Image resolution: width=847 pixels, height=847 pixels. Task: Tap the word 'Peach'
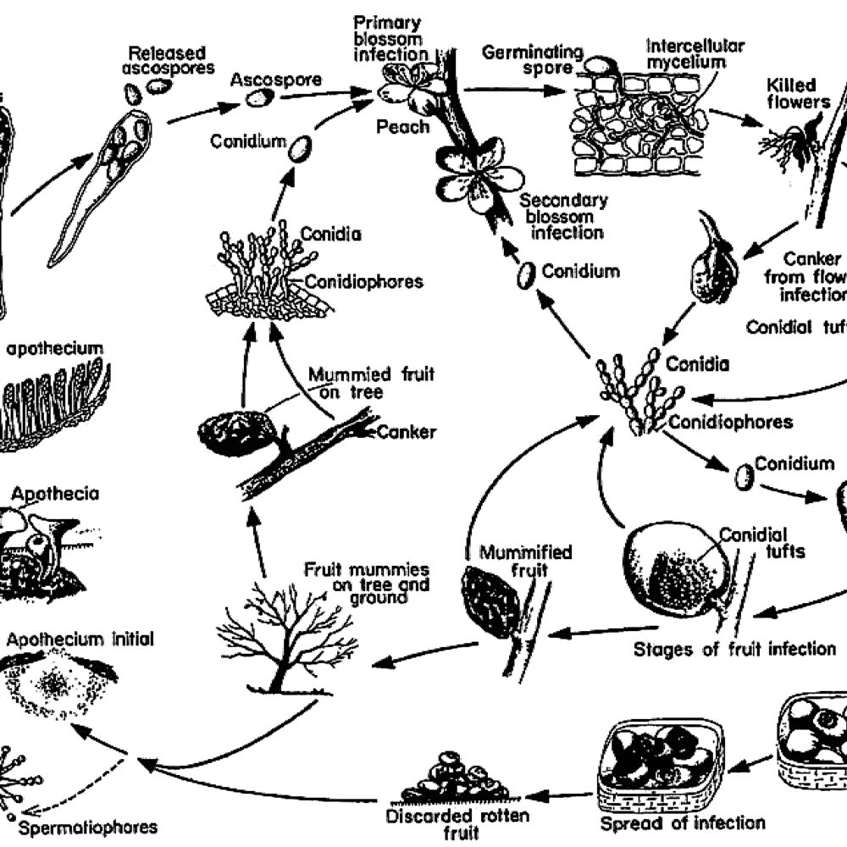pos(405,127)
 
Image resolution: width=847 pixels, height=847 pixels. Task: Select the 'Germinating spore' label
pos(533,59)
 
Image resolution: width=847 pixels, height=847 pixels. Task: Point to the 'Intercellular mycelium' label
pos(685,53)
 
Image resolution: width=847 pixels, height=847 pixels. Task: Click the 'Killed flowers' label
pos(791,94)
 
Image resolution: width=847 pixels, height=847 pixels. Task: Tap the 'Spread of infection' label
pos(683,823)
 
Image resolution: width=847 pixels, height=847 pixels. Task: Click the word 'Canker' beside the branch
pos(407,432)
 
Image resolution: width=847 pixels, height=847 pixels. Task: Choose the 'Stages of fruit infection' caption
pos(734,650)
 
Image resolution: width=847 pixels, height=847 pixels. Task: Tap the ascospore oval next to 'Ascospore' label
pos(259,98)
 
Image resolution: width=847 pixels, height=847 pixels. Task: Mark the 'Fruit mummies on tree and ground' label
pos(367,584)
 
